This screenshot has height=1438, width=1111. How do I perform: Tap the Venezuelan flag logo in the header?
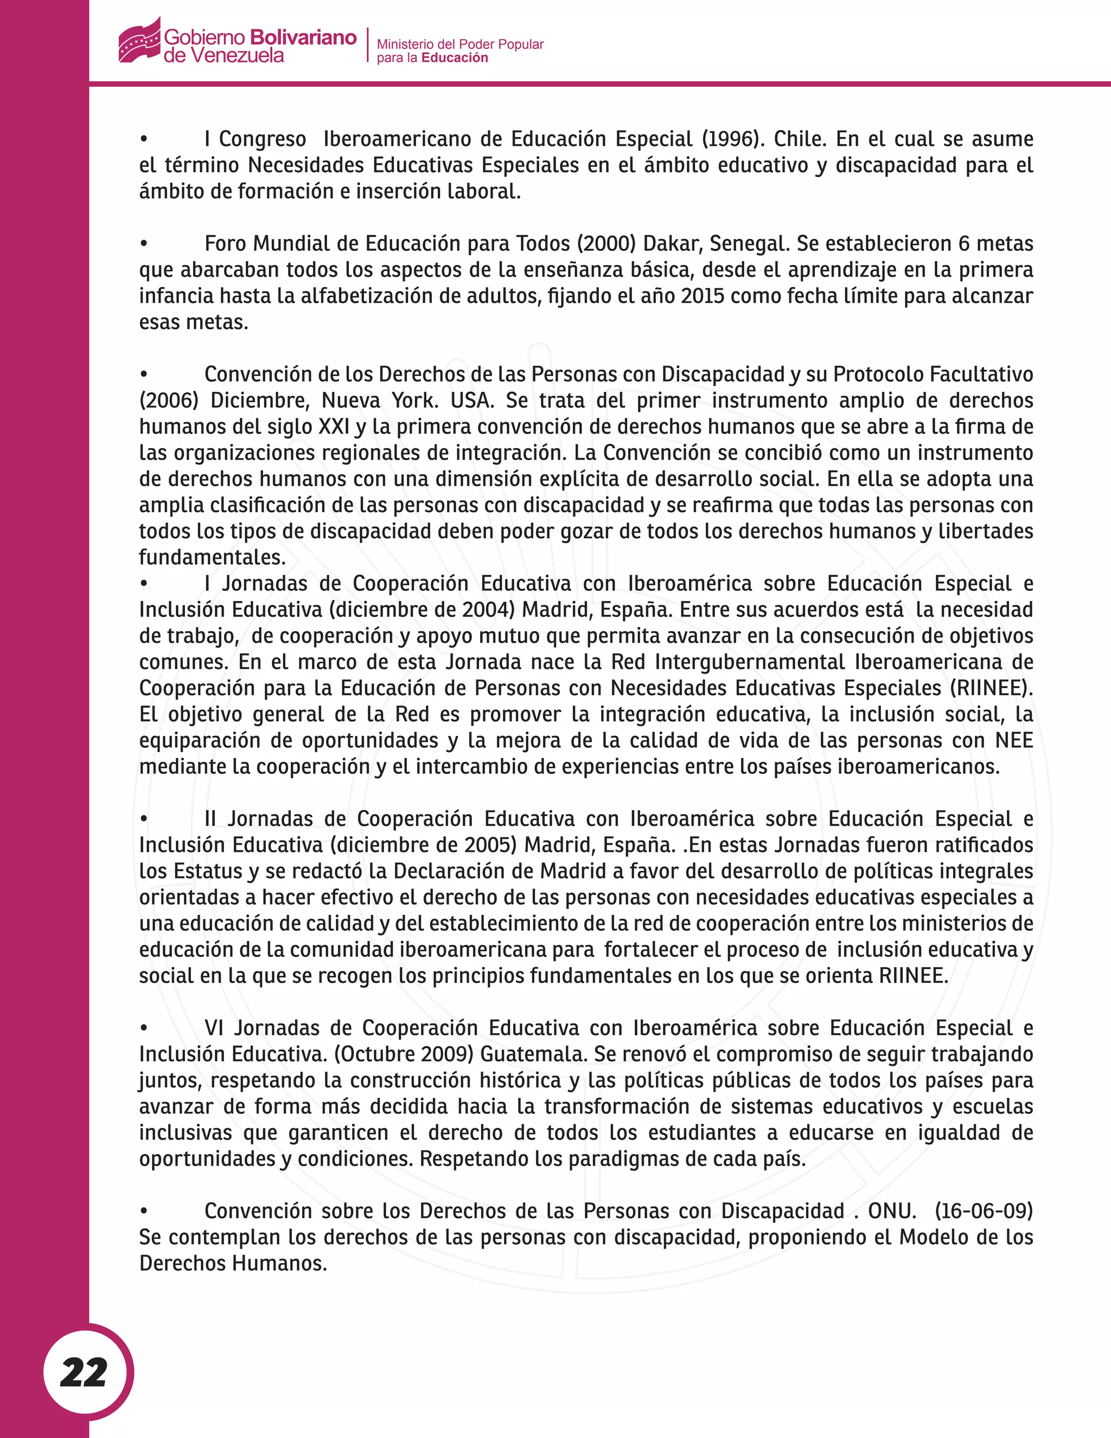pyautogui.click(x=139, y=41)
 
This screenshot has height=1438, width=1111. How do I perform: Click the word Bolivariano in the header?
pyautogui.click(x=303, y=37)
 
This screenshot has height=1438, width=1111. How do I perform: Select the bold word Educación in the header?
pyautogui.click(x=455, y=58)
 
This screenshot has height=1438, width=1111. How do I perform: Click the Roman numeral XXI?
pyautogui.click(x=334, y=427)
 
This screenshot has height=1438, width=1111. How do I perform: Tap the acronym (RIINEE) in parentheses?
pyautogui.click(x=991, y=688)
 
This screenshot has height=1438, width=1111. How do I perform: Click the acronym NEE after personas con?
pyautogui.click(x=1013, y=740)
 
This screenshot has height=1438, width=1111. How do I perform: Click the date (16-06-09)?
pyautogui.click(x=984, y=1211)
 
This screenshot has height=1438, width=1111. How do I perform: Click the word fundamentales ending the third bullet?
pyautogui.click(x=212, y=558)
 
